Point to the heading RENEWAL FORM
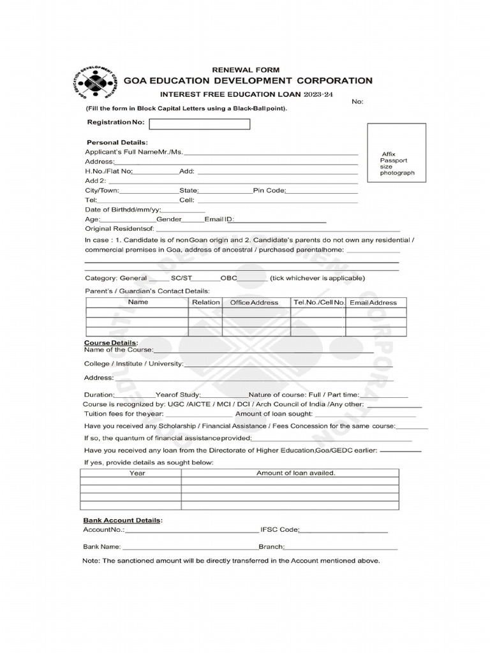(x=245, y=70)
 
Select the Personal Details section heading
(x=117, y=142)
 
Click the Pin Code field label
(x=269, y=191)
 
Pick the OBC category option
(x=229, y=278)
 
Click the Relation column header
(x=205, y=302)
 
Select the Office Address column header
(x=255, y=302)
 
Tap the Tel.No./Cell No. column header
(x=318, y=302)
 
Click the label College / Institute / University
(x=133, y=363)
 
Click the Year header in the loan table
(x=137, y=473)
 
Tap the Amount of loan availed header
(x=295, y=473)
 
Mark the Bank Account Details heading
(x=122, y=521)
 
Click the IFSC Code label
(x=279, y=530)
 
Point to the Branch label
(x=271, y=547)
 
